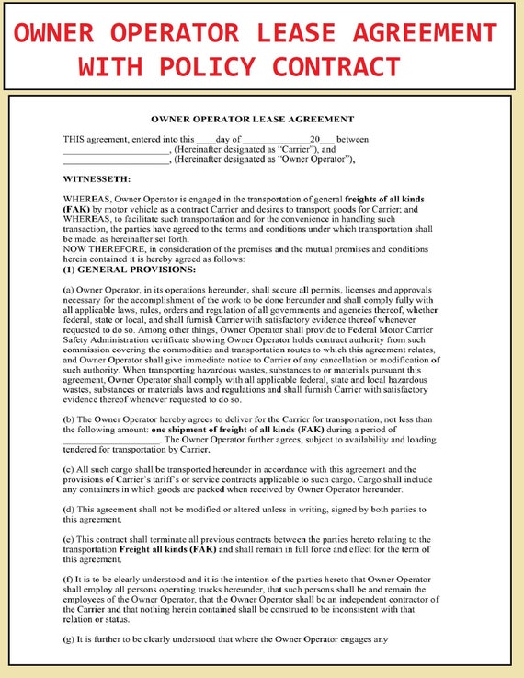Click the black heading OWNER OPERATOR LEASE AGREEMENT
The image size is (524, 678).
click(251, 120)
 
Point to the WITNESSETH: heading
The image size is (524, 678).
click(97, 178)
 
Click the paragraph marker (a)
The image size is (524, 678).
click(69, 290)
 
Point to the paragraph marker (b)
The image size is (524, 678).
click(69, 419)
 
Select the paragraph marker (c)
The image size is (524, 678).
click(69, 468)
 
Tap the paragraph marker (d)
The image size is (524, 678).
click(69, 509)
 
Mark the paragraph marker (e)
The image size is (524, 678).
click(69, 538)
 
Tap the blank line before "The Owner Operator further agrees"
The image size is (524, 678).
click(111, 441)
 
